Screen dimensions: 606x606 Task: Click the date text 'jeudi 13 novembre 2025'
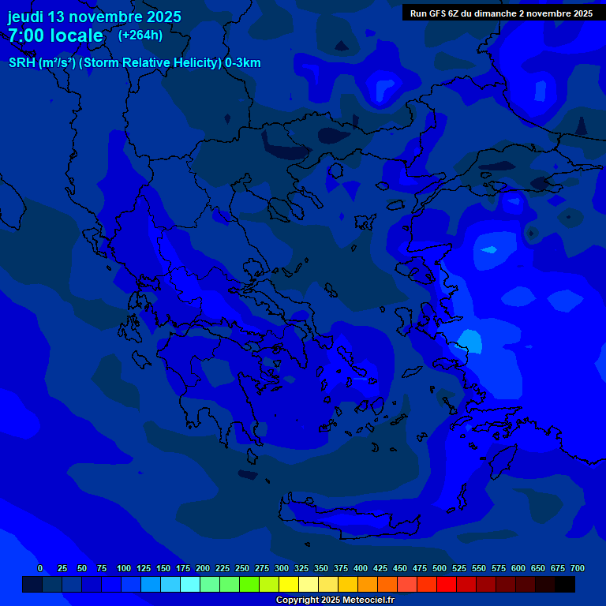(x=95, y=17)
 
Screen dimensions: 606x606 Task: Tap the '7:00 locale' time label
(x=56, y=36)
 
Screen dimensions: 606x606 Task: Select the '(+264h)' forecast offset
(x=140, y=35)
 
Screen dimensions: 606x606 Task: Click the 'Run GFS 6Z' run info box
(x=501, y=13)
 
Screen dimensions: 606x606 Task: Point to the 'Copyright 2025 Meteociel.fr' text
(x=335, y=600)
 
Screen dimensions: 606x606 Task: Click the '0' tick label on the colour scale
(x=40, y=568)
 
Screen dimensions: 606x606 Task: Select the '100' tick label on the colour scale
(x=124, y=568)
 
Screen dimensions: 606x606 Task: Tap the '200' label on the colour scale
(x=203, y=568)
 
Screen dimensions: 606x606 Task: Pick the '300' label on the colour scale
(x=282, y=568)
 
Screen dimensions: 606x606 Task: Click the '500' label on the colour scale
(x=440, y=568)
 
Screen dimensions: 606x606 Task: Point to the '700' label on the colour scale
(x=578, y=568)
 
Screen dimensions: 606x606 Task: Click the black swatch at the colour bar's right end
(x=565, y=584)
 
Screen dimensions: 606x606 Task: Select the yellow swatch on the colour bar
(x=289, y=584)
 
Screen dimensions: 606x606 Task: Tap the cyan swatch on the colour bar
(x=190, y=584)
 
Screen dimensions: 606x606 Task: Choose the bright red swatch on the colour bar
(x=447, y=584)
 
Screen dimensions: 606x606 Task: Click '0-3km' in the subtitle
(x=243, y=63)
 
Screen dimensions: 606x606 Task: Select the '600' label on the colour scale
(x=518, y=568)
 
